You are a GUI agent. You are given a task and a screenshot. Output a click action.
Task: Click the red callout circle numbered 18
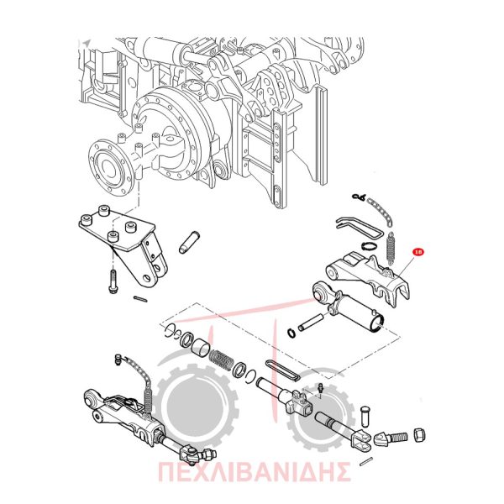tap(418, 252)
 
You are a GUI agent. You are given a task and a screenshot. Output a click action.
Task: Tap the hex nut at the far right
tap(420, 435)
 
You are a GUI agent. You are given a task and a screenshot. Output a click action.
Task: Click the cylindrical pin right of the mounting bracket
tap(190, 242)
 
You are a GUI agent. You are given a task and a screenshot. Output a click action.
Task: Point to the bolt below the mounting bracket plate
tap(113, 281)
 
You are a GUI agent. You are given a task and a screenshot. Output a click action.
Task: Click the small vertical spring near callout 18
tap(390, 248)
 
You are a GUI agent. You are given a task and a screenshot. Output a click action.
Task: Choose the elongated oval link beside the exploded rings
tap(283, 370)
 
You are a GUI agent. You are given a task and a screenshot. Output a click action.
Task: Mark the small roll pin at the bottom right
tap(366, 461)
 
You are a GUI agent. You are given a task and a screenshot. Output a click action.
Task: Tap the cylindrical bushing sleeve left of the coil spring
tap(201, 350)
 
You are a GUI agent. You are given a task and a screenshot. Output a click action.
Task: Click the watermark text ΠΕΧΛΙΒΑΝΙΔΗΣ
tap(254, 473)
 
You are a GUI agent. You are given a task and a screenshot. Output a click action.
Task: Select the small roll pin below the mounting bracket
tap(140, 299)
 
